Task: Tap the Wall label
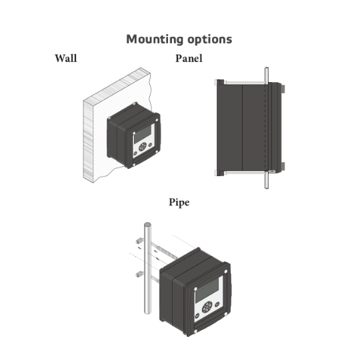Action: tap(65, 59)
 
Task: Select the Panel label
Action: tap(189, 59)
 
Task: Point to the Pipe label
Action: tap(178, 202)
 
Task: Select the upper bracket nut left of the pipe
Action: tap(137, 239)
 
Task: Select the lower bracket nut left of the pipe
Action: tap(137, 274)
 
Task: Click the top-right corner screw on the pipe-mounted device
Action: tap(229, 272)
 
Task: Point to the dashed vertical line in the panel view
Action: tap(266, 127)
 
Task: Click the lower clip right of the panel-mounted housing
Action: tap(283, 166)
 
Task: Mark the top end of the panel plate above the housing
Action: tap(265, 68)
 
